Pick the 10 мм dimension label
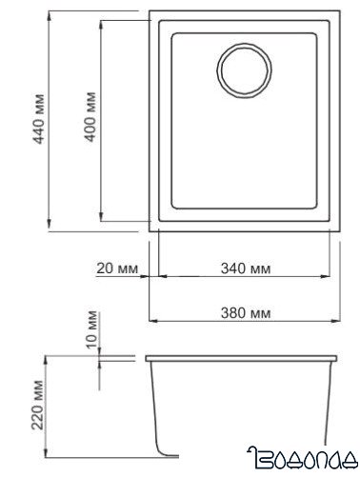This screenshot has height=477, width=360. pos(91,329)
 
